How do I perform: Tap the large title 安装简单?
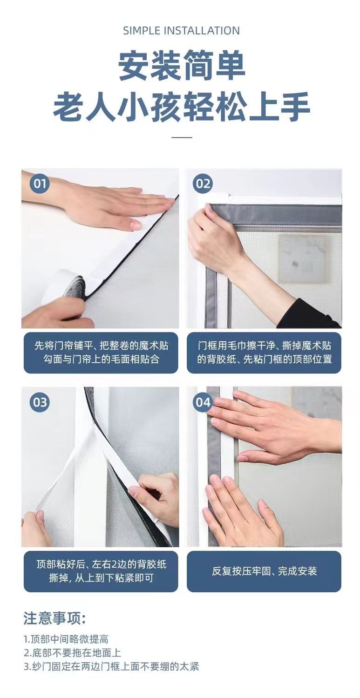pyautogui.click(x=182, y=66)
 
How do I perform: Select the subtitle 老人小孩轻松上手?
pyautogui.click(x=182, y=107)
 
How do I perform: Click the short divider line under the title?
pyautogui.click(x=182, y=137)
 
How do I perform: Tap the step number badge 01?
pyautogui.click(x=40, y=183)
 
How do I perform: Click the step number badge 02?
pyautogui.click(x=203, y=183)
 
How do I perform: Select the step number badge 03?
pyautogui.click(x=40, y=402)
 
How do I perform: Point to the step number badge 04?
pyautogui.click(x=203, y=402)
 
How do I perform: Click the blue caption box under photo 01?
pyautogui.click(x=101, y=352)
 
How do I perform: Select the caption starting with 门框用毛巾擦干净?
pyautogui.click(x=264, y=352)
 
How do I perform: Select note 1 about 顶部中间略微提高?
pyautogui.click(x=66, y=640)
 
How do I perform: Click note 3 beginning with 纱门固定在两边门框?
pyautogui.click(x=111, y=667)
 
